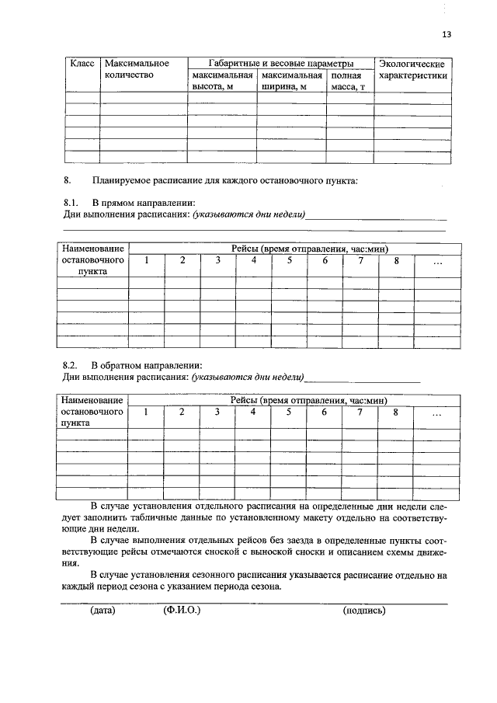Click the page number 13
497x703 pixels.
click(x=446, y=34)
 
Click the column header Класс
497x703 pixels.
click(x=82, y=62)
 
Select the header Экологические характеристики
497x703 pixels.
click(x=412, y=69)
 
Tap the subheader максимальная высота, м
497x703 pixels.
click(x=221, y=82)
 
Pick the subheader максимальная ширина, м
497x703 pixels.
click(x=291, y=82)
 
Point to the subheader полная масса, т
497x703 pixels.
click(x=349, y=82)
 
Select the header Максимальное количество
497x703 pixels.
click(x=136, y=69)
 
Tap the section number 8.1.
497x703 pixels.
click(x=71, y=203)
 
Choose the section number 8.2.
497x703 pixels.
click(x=71, y=365)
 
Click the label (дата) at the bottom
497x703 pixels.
click(x=103, y=611)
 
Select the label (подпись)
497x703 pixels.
click(x=364, y=611)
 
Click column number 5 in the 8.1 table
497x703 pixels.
click(x=289, y=260)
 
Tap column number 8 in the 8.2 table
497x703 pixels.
click(x=396, y=412)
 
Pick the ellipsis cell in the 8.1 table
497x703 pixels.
click(x=436, y=262)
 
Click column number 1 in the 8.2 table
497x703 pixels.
click(x=146, y=412)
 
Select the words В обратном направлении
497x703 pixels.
click(x=147, y=365)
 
